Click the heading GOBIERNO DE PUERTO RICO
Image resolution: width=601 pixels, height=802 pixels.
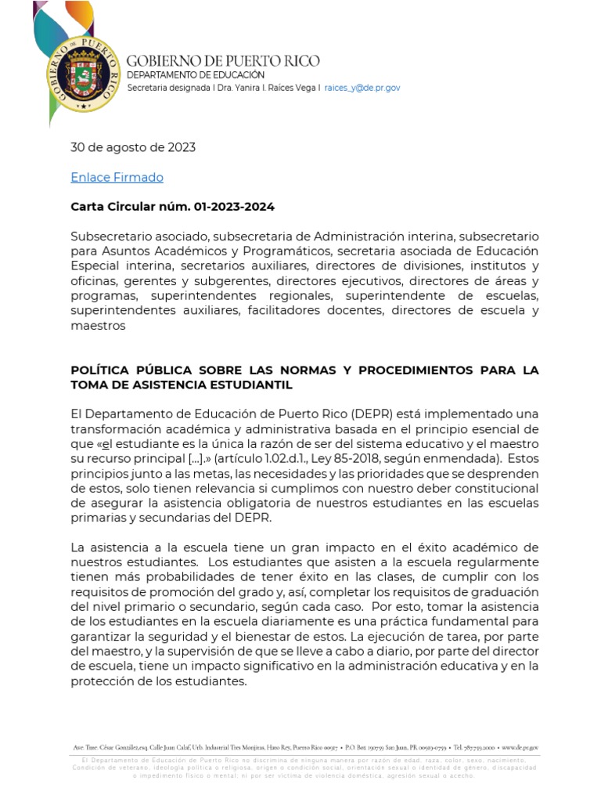223,61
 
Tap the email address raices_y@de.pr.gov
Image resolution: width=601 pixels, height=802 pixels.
362,89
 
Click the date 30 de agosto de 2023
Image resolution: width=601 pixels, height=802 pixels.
133,147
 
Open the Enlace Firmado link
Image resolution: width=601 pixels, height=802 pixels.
117,177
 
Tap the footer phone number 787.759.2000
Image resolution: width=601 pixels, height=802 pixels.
492,749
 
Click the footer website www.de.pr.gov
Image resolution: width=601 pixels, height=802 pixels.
522,749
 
